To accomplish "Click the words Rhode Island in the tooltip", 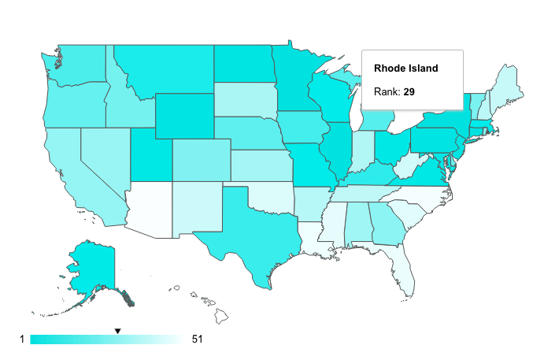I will [x=405, y=69].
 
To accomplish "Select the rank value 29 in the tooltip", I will [x=409, y=92].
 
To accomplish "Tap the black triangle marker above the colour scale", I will [x=117, y=331].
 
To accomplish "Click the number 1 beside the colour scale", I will [x=23, y=340].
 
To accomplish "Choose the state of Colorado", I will [x=200, y=158].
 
